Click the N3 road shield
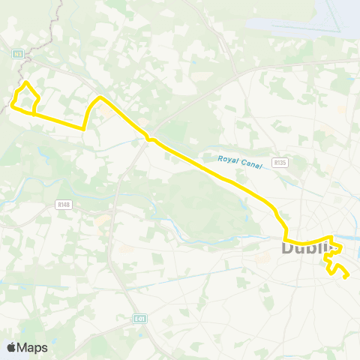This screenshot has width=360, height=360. click(17, 53)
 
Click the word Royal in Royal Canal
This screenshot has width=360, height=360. click(226, 159)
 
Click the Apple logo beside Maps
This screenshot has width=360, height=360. click(11, 347)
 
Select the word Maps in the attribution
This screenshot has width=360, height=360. click(33, 347)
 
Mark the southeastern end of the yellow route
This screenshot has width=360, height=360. click(347, 277)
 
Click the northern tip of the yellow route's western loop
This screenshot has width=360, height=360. click(26, 82)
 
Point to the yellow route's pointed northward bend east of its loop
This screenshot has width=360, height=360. click(100, 97)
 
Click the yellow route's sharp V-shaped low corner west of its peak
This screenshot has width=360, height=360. click(84, 128)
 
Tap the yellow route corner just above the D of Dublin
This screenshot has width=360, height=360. click(286, 235)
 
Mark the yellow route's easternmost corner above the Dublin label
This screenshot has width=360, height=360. click(342, 247)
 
